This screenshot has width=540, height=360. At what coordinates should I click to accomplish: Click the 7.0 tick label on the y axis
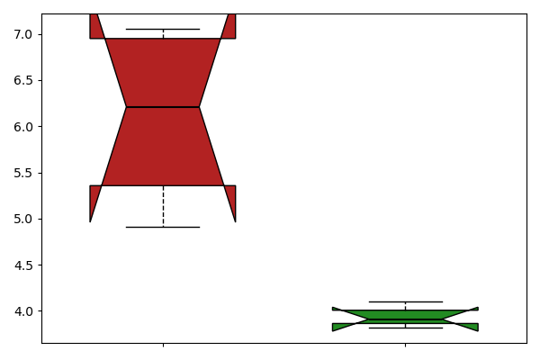[22, 34]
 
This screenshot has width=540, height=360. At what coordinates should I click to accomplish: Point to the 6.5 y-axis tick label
[22, 80]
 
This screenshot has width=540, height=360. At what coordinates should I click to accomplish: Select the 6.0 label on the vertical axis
[22, 126]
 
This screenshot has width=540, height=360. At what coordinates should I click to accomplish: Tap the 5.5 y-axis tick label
[22, 173]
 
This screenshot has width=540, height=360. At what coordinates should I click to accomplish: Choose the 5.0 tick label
[22, 219]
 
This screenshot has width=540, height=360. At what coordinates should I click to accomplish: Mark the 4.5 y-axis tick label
[22, 265]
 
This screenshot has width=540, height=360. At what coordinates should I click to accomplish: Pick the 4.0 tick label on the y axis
[22, 311]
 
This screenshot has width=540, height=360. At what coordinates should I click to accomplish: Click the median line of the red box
[163, 107]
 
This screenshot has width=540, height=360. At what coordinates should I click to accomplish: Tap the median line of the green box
[405, 319]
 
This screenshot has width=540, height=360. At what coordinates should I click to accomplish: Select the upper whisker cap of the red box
[163, 29]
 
